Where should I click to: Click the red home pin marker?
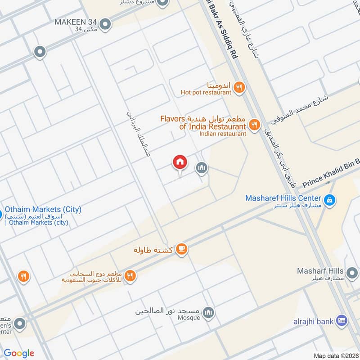(x=180, y=162)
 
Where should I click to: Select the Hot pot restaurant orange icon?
(x=239, y=88)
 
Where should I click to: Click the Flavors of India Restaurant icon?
(x=255, y=125)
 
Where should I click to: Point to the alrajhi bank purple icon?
(x=342, y=321)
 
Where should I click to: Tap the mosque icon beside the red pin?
(x=202, y=168)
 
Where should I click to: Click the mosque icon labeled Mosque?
(x=208, y=312)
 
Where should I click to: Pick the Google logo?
(x=19, y=353)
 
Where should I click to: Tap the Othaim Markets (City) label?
(x=43, y=210)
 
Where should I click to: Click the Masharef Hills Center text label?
(x=283, y=198)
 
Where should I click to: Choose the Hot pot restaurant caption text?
(x=206, y=92)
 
